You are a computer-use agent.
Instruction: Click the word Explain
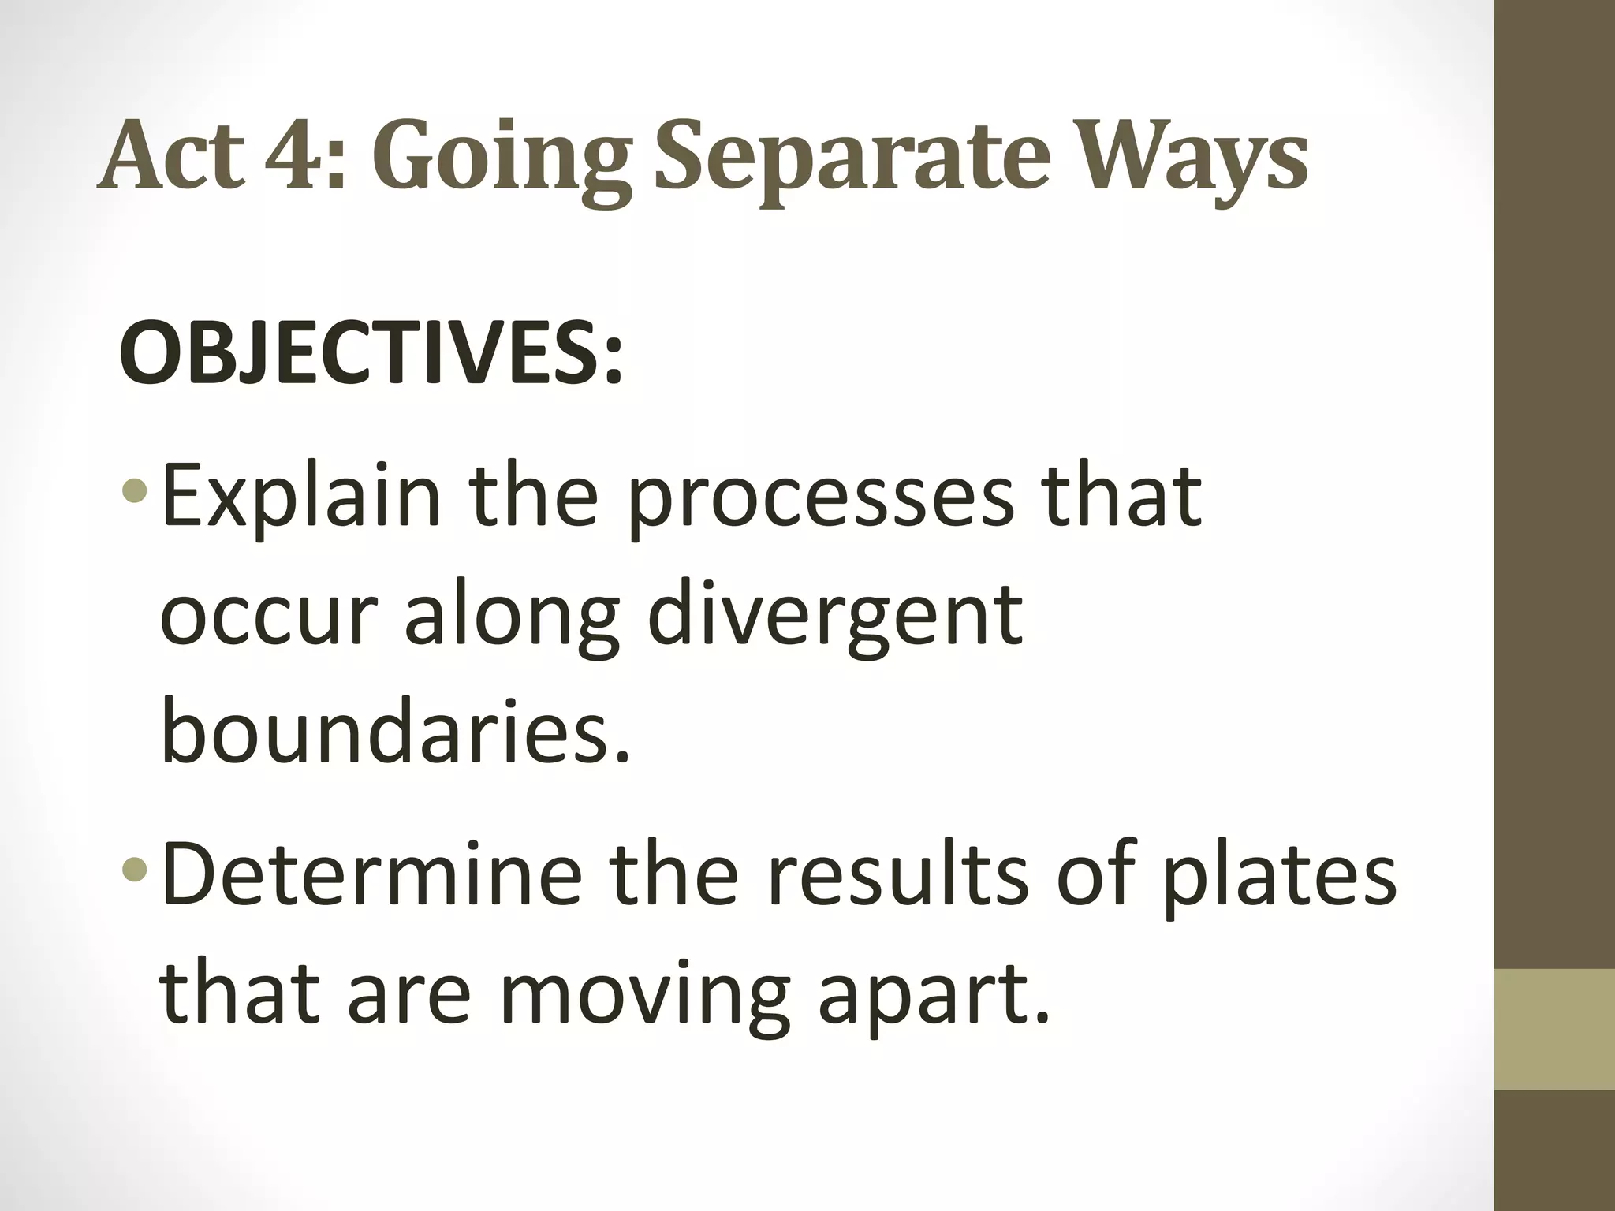[x=300, y=499]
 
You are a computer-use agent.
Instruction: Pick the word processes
[x=820, y=499]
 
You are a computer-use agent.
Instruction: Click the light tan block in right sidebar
[x=1554, y=1030]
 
